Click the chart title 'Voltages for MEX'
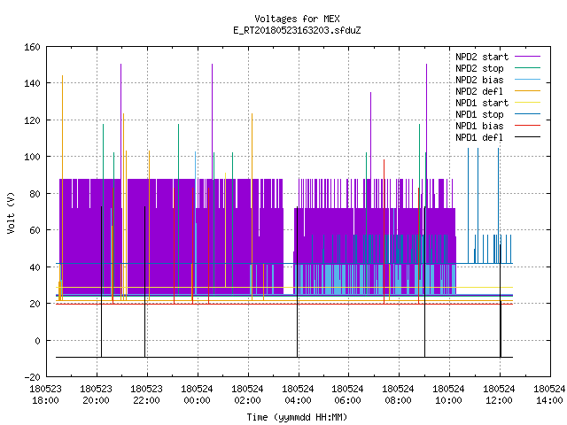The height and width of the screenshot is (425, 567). coord(297,19)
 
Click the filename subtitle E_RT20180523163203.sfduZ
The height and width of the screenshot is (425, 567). coord(297,30)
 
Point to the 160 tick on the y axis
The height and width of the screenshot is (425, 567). coord(32,47)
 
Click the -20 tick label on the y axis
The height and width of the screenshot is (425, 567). coord(32,377)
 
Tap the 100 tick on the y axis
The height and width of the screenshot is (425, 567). coord(32,157)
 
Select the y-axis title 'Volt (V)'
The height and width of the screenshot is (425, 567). coord(11,212)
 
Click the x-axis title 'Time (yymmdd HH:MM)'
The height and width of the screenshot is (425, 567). coord(297,417)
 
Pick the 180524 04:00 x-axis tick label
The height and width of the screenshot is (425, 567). coord(298,395)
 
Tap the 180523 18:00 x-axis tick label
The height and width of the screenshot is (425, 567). coord(45,395)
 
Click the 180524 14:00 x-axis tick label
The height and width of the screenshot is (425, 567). coord(549,395)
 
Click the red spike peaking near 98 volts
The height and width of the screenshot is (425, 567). coord(384,231)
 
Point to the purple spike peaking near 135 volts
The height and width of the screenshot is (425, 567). coord(370,137)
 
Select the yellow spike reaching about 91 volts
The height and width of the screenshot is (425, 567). coord(225,230)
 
